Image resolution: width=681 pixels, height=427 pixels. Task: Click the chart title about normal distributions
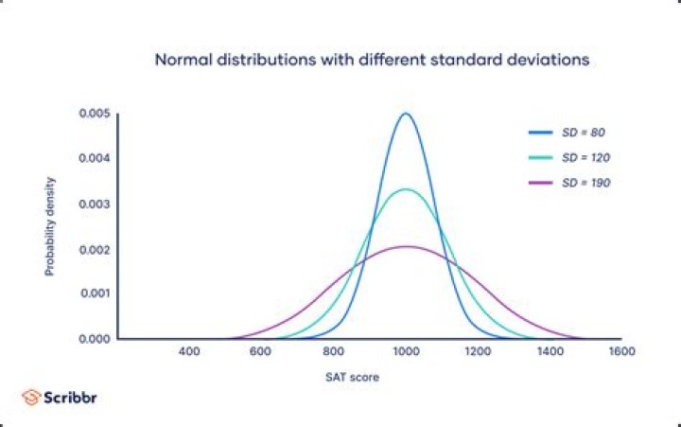[373, 60]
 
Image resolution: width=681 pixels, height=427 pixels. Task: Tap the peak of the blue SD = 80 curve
[406, 114]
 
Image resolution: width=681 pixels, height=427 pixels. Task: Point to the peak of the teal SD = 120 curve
[406, 189]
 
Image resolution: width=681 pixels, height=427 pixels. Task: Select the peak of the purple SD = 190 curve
[406, 246]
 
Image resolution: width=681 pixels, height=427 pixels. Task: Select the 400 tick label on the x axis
[189, 352]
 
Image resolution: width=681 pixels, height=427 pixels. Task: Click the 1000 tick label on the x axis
[406, 352]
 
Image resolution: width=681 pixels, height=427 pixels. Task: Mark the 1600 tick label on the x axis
[621, 352]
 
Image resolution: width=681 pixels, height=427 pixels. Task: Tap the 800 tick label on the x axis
[334, 352]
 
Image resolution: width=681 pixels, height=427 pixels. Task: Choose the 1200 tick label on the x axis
[478, 352]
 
